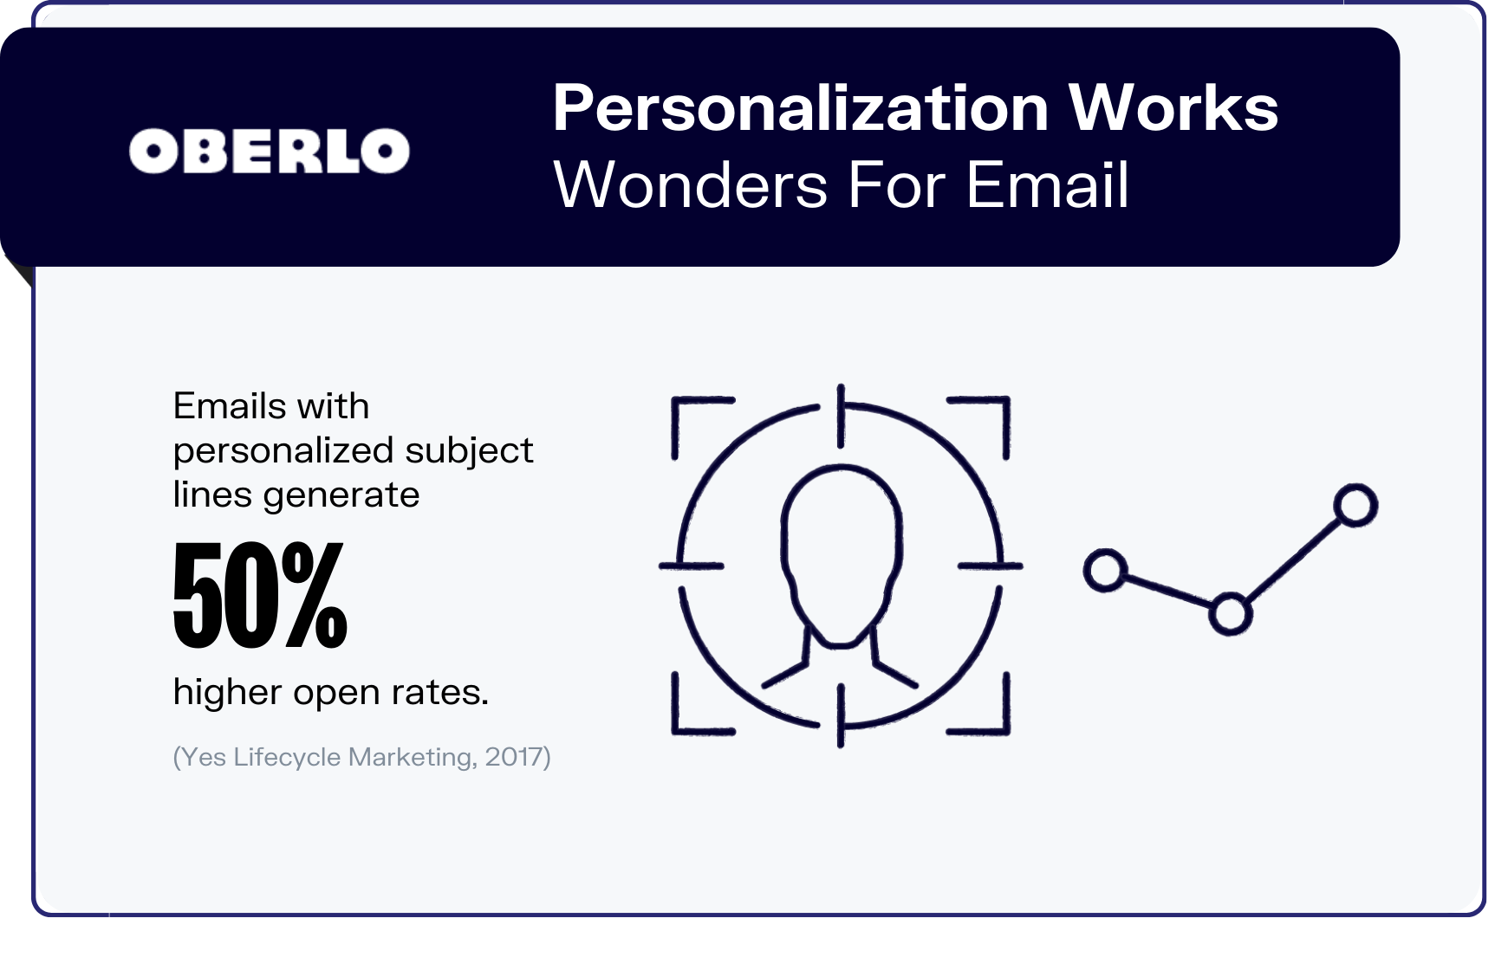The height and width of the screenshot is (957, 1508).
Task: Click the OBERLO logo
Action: click(269, 151)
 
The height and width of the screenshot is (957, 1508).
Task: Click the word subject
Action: click(469, 452)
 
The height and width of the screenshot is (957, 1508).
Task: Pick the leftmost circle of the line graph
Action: click(1105, 571)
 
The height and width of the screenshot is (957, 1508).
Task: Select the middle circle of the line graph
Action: click(1230, 614)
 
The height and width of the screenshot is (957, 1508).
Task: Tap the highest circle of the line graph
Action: click(1355, 505)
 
